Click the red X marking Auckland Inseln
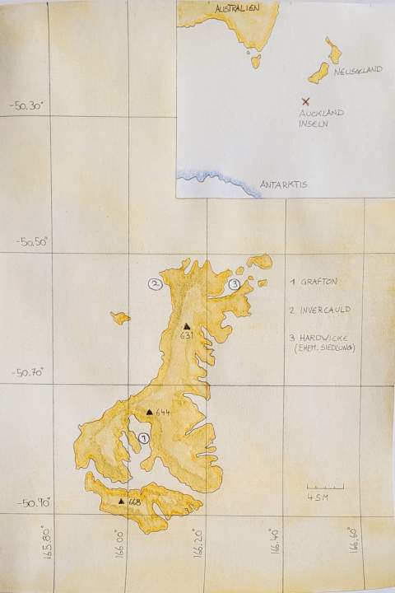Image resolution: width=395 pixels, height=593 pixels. point(306,101)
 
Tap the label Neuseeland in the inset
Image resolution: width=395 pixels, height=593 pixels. point(359,72)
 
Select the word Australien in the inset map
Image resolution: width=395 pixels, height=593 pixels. point(236,7)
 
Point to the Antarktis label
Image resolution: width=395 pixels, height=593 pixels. point(283,184)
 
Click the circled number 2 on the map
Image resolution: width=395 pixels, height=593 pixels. point(154,284)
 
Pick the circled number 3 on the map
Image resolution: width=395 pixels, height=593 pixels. point(235,284)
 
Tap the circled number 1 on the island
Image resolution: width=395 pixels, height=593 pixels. point(144,438)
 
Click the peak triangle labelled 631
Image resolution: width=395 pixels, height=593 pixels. point(188,326)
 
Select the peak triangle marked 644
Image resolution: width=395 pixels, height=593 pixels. point(149,412)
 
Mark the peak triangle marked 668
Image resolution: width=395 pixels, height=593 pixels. point(122,500)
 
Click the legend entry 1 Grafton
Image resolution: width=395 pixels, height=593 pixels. point(314,282)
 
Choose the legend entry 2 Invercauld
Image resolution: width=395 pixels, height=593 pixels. point(320,311)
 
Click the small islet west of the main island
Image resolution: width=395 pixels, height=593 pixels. point(120,317)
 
